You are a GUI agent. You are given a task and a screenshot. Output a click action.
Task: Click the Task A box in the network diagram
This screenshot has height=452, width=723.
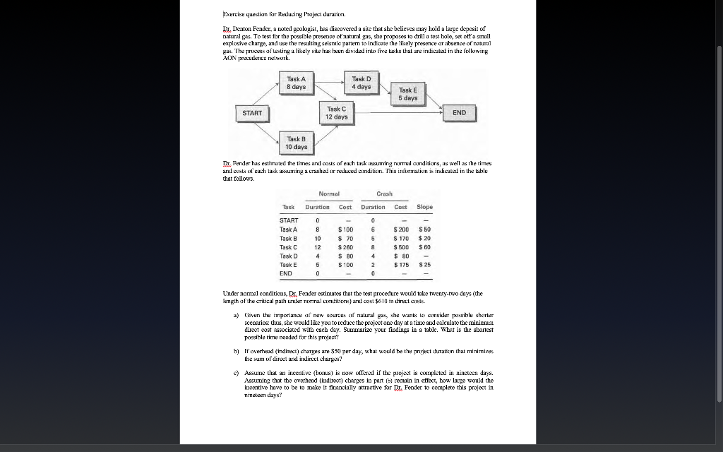296,83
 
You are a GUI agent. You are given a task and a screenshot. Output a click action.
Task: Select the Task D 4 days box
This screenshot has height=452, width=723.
361,83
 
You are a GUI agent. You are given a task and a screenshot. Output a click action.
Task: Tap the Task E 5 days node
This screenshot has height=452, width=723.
407,94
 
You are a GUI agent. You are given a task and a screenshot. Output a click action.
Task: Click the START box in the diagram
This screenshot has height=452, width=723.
252,113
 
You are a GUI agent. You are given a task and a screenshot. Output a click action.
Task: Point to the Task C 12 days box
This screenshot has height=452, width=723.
336,113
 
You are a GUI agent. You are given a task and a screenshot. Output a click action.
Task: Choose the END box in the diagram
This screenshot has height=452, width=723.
459,113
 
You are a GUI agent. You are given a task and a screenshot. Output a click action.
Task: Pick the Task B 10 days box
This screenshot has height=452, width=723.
296,143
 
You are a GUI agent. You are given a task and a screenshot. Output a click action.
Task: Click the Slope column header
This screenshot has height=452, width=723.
424,207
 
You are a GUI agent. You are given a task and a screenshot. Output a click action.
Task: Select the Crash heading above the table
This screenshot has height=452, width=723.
385,194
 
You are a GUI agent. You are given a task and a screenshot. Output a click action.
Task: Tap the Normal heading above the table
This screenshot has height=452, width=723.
329,194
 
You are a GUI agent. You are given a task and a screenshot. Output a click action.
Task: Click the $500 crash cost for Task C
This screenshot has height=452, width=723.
400,247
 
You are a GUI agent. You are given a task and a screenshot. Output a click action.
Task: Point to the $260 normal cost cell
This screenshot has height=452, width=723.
345,247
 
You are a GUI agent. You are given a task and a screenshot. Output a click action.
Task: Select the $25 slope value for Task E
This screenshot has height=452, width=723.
424,265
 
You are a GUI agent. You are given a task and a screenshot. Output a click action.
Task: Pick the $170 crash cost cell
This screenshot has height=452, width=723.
400,239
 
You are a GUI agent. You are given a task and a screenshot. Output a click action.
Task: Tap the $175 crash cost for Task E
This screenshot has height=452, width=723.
400,265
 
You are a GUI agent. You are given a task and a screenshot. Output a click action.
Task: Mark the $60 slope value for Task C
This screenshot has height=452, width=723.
424,247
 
